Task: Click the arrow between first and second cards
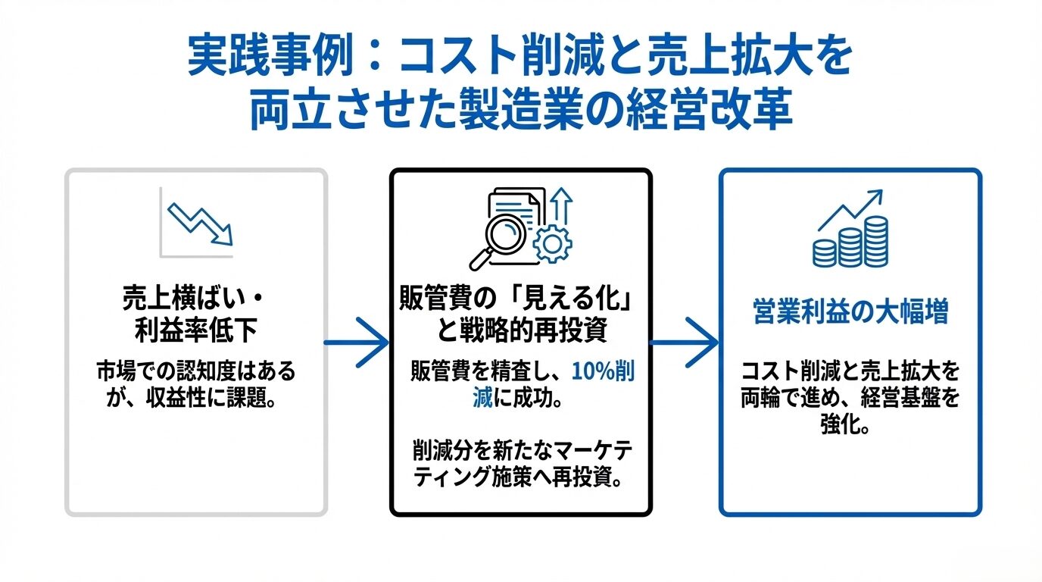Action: [356, 343]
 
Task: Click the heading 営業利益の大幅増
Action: [850, 312]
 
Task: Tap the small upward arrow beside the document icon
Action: [561, 205]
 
